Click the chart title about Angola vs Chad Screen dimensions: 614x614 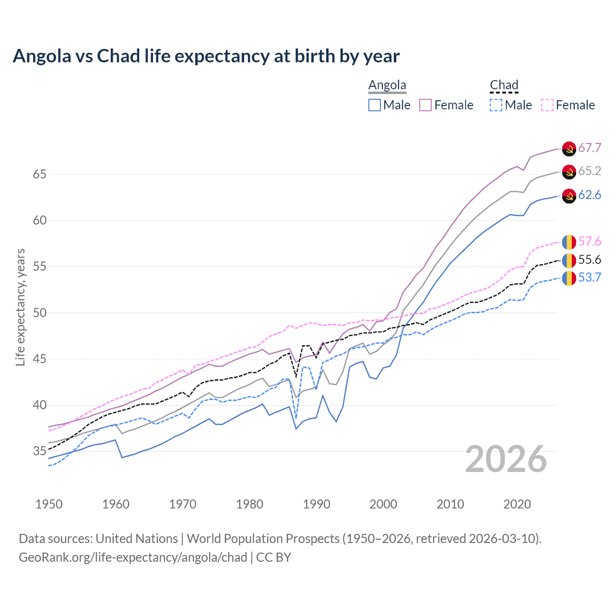coord(206,56)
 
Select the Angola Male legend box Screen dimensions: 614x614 coord(375,105)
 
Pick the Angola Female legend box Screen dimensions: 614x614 coord(425,105)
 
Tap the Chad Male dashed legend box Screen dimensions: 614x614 coord(496,105)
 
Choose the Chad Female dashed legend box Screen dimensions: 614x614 coord(547,105)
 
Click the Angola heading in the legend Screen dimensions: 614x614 coord(387,85)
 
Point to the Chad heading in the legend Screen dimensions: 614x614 coord(504,85)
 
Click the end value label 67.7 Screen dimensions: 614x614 coord(590,148)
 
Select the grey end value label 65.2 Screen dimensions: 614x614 coord(590,171)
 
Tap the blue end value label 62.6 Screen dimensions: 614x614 coord(590,195)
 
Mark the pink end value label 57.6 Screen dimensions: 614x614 coord(590,241)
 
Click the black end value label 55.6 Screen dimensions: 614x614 coord(590,260)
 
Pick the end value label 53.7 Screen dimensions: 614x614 coord(590,277)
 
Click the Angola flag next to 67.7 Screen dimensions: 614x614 coord(569,149)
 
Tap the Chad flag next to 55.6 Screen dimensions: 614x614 coord(569,260)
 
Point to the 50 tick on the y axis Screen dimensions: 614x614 coord(39,313)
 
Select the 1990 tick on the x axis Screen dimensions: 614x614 coord(317,504)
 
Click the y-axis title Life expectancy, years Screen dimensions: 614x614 coord(20,307)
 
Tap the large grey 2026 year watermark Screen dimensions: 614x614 coord(506,459)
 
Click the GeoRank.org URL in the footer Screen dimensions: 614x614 coord(133,557)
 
